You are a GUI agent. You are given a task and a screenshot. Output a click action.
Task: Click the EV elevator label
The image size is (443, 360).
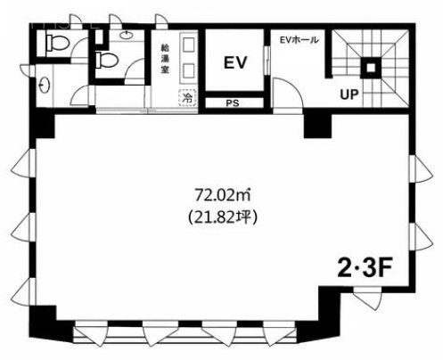234,62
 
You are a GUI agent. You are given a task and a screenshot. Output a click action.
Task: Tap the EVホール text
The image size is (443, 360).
299,40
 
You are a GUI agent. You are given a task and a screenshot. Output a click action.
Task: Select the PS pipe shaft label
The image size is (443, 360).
233,103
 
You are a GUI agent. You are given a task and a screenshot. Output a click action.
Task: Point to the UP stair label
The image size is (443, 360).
349,94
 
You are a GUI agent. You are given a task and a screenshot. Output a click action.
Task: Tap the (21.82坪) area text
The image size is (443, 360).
222,217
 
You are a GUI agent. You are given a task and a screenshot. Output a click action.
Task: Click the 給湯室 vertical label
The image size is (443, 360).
165,59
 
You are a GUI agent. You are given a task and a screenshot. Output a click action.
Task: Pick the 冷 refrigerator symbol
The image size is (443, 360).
188,97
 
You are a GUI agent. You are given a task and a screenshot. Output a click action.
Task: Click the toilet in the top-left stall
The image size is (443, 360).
57,43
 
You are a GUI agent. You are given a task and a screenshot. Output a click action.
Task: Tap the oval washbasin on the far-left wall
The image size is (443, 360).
44,86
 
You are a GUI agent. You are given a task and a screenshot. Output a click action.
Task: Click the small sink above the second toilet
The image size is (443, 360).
128,35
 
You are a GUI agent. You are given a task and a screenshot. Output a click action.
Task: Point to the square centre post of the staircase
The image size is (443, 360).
371,68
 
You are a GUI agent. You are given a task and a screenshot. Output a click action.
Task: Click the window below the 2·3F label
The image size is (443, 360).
367,298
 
